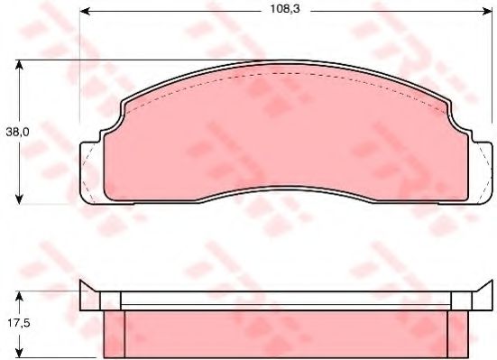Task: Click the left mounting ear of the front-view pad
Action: (90, 171)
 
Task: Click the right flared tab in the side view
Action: (480, 297)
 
